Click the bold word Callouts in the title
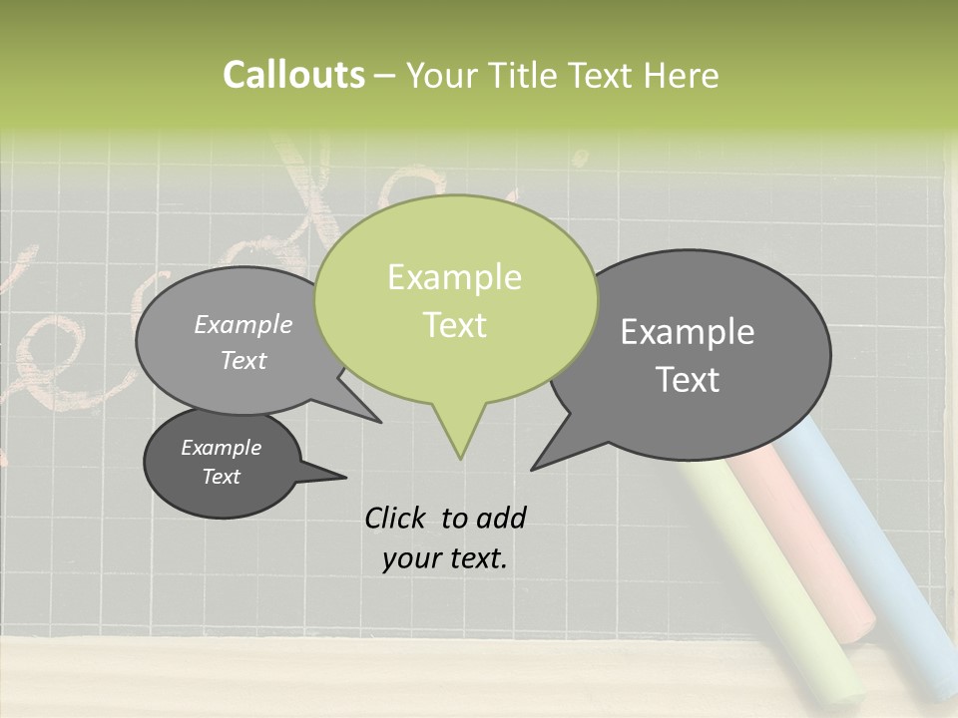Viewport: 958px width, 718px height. (293, 75)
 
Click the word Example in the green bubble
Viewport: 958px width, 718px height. (454, 277)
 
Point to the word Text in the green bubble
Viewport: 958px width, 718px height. (454, 324)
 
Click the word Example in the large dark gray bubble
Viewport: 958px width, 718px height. (688, 332)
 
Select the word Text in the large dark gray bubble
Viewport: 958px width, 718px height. (688, 379)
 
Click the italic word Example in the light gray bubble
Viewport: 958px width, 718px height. (242, 324)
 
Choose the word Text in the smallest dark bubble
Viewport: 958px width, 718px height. (221, 477)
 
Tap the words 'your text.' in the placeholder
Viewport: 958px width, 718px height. (444, 558)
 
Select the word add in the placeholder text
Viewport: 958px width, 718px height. (500, 518)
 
